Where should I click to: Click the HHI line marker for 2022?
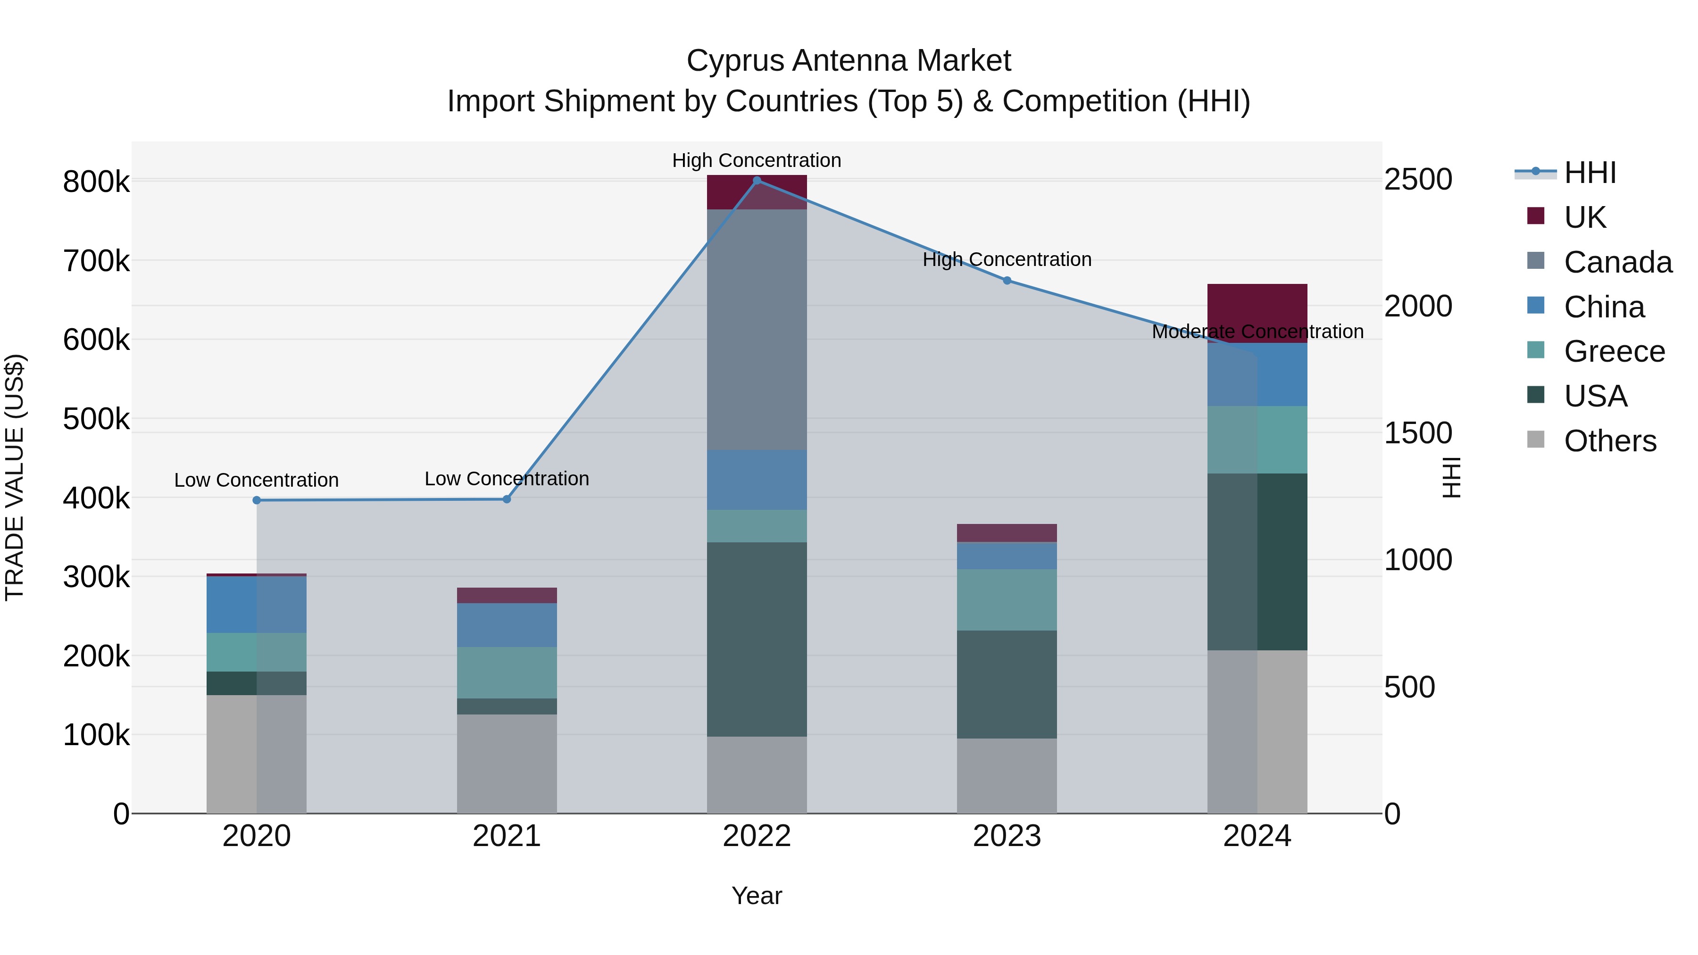point(757,180)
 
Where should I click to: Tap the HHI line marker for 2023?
point(1007,281)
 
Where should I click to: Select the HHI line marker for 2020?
point(257,500)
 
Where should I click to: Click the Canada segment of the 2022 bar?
point(757,330)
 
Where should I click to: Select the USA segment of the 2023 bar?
point(1007,684)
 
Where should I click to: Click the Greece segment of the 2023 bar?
point(1007,600)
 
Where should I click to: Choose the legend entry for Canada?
point(1617,262)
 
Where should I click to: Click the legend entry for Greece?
point(1614,351)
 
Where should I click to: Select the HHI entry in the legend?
point(1589,173)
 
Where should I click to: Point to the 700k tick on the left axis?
point(96,261)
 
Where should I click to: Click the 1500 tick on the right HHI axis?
point(1418,433)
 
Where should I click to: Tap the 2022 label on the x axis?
point(757,836)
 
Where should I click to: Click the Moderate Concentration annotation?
point(1257,332)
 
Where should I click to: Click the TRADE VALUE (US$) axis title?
point(15,477)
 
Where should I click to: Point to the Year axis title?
point(757,896)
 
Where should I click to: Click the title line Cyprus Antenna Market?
point(849,61)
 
